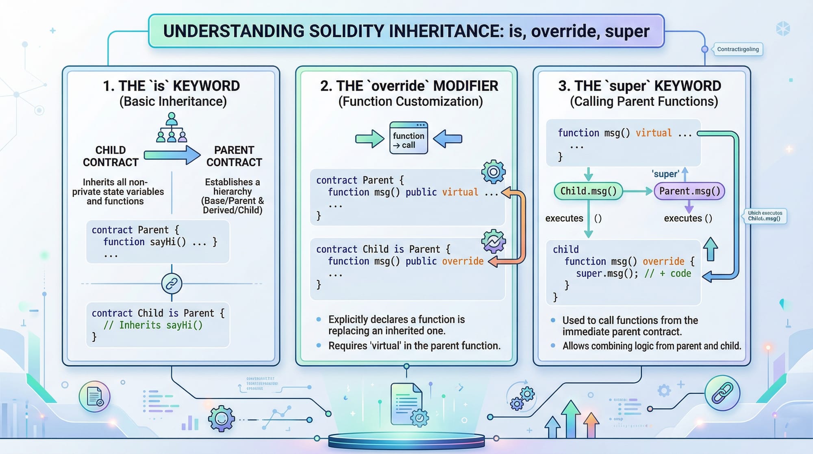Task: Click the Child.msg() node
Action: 588,191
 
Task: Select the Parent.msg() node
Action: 689,191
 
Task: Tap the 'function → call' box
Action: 409,138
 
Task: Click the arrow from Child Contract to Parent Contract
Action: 172,155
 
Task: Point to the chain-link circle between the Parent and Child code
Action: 172,284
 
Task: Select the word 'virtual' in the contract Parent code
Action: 460,192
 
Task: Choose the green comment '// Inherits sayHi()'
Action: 153,325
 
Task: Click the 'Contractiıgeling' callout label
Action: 738,49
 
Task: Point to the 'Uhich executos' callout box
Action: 765,216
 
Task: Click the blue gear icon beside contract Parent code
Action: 493,172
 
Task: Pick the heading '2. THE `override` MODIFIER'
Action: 409,86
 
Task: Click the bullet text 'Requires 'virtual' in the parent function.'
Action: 414,346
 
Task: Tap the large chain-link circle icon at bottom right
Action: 722,393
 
